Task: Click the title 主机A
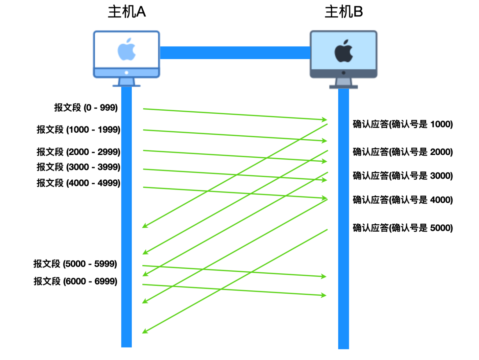[127, 12]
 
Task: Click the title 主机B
[344, 12]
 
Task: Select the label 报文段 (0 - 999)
[86, 108]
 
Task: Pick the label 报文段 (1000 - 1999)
[79, 130]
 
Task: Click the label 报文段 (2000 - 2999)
[79, 152]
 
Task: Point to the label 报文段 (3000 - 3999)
[79, 167]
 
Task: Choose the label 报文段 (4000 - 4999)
[79, 183]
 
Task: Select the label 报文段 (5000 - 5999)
[75, 264]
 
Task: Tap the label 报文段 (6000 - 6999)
[75, 281]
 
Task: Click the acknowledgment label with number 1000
[403, 124]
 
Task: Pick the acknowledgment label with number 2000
[403, 152]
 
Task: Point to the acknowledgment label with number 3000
[403, 176]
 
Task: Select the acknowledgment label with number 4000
[403, 200]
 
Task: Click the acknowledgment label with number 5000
[403, 228]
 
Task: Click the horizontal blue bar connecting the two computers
[235, 53]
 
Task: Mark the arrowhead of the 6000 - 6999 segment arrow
[324, 295]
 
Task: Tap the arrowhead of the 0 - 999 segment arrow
[325, 119]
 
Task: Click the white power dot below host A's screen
[126, 73]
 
